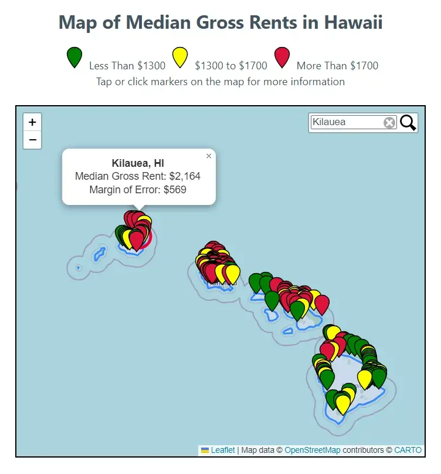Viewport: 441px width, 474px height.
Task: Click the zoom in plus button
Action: coord(32,122)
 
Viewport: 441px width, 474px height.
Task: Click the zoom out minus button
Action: coord(32,140)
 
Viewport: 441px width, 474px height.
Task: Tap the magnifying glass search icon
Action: coord(408,122)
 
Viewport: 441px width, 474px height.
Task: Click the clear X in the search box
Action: coord(389,122)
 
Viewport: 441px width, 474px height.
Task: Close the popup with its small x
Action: coord(209,156)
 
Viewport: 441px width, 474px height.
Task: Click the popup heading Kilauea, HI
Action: coord(138,163)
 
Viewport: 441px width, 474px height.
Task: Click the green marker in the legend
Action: coord(74,56)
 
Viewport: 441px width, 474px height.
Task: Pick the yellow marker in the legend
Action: coord(179,56)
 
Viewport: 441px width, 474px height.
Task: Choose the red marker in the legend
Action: coord(282,56)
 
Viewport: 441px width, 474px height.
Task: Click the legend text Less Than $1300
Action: coord(127,66)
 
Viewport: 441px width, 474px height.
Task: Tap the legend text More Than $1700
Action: coord(337,66)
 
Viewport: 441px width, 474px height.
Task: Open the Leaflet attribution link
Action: coord(223,450)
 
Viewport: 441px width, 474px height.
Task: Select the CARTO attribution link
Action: coord(408,450)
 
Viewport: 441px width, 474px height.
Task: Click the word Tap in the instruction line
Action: coord(104,81)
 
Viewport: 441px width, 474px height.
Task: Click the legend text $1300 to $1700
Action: coord(230,66)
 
